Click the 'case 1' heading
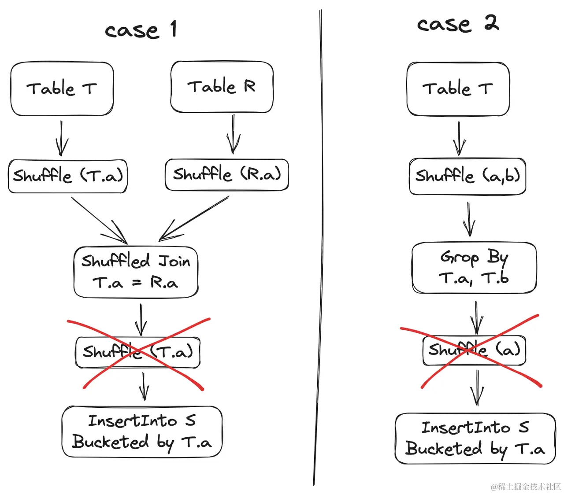pyautogui.click(x=141, y=30)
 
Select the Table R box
pyautogui.click(x=222, y=87)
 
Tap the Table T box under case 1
pyautogui.click(x=62, y=88)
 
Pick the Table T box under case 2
pyautogui.click(x=458, y=89)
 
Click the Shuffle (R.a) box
pyautogui.click(x=226, y=175)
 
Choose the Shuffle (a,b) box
pyautogui.click(x=467, y=176)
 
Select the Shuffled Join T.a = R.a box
pyautogui.click(x=136, y=272)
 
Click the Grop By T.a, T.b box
pyautogui.click(x=474, y=267)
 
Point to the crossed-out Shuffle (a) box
pyautogui.click(x=474, y=350)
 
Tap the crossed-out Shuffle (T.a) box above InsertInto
pyautogui.click(x=138, y=352)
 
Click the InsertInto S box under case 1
pyautogui.click(x=142, y=431)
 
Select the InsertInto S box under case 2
pyautogui.click(x=475, y=438)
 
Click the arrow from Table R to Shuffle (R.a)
pyautogui.click(x=233, y=134)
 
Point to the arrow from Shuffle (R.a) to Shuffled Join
pyautogui.click(x=194, y=218)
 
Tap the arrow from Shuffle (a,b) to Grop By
pyautogui.click(x=469, y=219)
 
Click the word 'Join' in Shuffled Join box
pyautogui.click(x=174, y=262)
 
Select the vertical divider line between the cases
pyautogui.click(x=318, y=247)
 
